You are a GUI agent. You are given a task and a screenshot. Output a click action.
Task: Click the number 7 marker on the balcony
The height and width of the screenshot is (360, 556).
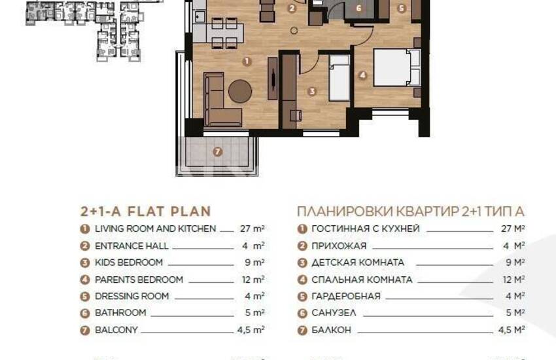218,152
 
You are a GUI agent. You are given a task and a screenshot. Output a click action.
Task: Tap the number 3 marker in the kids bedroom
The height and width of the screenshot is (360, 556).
312,92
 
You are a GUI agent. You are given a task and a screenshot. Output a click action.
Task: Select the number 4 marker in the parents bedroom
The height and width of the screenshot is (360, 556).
362,75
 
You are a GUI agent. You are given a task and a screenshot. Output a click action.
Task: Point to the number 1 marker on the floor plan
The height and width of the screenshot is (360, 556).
247,62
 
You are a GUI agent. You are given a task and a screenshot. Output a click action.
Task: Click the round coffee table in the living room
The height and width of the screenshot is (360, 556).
240,91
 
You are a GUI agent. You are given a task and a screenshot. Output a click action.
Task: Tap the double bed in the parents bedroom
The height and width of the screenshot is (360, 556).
397,67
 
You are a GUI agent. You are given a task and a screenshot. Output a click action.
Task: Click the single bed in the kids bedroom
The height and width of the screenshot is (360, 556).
339,78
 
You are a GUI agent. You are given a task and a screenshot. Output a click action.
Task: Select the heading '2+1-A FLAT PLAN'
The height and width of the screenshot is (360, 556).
146,211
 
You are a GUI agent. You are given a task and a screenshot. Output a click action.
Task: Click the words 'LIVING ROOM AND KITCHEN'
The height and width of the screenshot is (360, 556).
155,229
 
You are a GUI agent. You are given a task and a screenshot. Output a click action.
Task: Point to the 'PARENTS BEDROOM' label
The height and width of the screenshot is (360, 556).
139,279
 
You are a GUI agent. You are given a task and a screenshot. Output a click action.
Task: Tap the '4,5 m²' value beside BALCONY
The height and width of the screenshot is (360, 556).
251,330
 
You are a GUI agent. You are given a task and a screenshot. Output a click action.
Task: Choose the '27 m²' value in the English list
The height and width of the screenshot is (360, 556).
252,229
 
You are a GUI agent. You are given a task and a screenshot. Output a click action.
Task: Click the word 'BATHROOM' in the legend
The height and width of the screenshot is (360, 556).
120,313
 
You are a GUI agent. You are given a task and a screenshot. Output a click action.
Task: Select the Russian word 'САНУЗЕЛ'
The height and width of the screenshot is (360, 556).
334,313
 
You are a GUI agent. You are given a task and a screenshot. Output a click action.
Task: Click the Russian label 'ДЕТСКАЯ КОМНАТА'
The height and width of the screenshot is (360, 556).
358,262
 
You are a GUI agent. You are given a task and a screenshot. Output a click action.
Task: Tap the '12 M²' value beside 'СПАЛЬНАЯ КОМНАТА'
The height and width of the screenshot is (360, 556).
513,279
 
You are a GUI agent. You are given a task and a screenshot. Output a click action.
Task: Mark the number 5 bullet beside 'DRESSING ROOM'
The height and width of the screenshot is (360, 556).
85,297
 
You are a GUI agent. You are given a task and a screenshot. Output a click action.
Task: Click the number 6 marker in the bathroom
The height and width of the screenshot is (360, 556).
358,8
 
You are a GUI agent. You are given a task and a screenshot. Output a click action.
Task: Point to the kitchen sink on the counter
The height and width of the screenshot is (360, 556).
200,16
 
